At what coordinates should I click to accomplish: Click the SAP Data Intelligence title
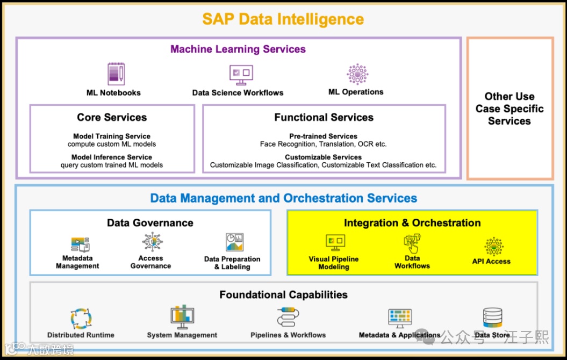pos(283,19)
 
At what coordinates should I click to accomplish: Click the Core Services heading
pos(112,117)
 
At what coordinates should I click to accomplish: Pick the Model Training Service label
pos(112,136)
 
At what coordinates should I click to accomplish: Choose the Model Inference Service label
pos(112,157)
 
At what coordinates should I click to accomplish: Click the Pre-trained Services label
pos(323,136)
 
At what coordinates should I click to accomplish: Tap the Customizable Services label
pos(323,157)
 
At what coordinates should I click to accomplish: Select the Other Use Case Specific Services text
pos(509,109)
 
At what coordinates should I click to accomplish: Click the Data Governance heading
pos(150,222)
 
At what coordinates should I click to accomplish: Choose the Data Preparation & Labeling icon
pos(234,243)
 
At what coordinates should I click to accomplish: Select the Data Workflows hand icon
pos(412,244)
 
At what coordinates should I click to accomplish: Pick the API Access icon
pos(494,247)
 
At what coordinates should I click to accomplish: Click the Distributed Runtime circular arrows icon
pos(81,318)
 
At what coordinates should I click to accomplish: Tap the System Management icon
pos(182,318)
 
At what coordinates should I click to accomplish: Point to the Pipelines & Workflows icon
pos(288,317)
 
